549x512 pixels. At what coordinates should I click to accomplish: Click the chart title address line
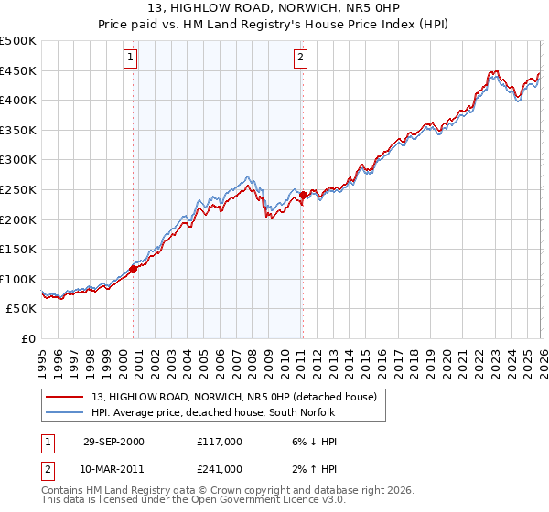coord(274,8)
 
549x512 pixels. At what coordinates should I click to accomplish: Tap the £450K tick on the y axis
coord(19,70)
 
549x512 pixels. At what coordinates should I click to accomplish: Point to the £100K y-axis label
coord(19,279)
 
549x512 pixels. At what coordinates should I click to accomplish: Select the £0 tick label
coord(29,338)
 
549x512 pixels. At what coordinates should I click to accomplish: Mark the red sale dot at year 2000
coord(134,269)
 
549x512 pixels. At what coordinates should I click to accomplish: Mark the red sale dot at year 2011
coord(303,195)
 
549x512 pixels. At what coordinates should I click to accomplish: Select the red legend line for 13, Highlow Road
coord(63,396)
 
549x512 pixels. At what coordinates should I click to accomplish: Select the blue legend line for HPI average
coord(63,412)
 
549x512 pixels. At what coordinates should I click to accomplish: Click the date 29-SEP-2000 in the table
coord(113,441)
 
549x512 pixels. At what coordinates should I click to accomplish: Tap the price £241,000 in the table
coord(220,468)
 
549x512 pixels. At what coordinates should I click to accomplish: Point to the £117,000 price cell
coord(220,441)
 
